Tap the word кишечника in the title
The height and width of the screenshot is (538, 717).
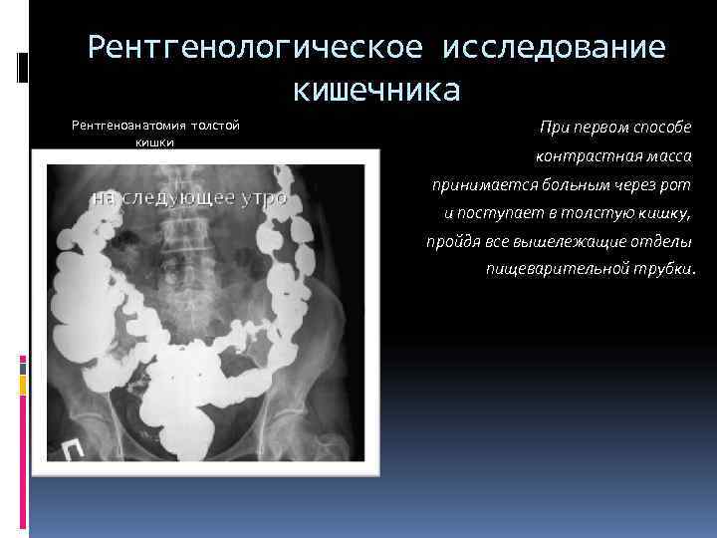[x=376, y=91]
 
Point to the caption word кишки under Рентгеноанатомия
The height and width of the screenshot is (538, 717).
[x=154, y=141]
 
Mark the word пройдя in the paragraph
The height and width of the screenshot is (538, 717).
[x=449, y=241]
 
